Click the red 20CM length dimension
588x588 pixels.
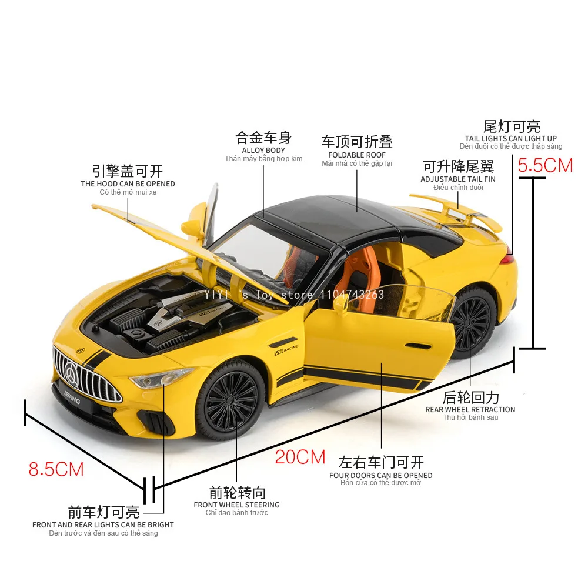(300, 457)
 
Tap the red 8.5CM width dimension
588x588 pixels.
(56, 469)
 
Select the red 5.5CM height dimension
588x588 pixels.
(545, 165)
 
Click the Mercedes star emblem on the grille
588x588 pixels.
(73, 373)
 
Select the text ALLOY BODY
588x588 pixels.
(263, 151)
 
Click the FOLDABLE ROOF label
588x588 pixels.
(357, 155)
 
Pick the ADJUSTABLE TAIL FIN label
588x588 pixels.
(458, 179)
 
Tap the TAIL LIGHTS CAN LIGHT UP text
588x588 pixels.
(511, 139)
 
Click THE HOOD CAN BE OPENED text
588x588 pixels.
(128, 184)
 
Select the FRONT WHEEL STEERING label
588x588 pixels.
(236, 505)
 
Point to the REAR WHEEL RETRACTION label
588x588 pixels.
(470, 410)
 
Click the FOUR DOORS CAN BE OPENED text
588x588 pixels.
(380, 475)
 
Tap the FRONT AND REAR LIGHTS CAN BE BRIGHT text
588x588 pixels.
(103, 524)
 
